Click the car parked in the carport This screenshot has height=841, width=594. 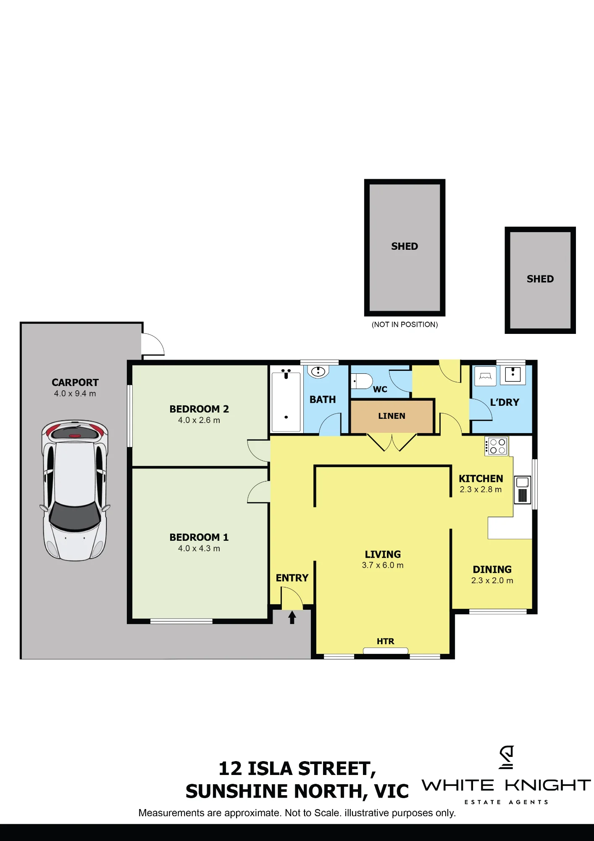(75, 490)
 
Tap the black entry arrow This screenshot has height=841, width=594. (292, 617)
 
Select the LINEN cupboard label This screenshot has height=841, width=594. (392, 416)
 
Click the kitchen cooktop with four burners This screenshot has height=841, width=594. (497, 446)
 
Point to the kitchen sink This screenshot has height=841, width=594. (523, 490)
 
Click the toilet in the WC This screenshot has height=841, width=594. (362, 381)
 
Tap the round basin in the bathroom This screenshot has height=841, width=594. (318, 372)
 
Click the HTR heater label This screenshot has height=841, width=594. (385, 641)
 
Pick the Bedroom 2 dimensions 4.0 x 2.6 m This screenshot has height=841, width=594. (199, 420)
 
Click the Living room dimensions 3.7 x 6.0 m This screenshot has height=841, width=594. (383, 565)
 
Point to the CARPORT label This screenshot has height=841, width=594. (75, 383)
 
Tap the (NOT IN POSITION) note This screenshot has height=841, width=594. (405, 325)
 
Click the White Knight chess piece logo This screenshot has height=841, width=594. (507, 757)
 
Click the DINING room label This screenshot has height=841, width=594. (492, 569)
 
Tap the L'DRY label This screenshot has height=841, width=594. (505, 402)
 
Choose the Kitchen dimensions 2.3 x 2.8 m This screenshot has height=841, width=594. (481, 489)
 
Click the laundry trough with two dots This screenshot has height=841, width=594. (513, 374)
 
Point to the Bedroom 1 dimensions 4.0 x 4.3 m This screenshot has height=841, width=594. (199, 548)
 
